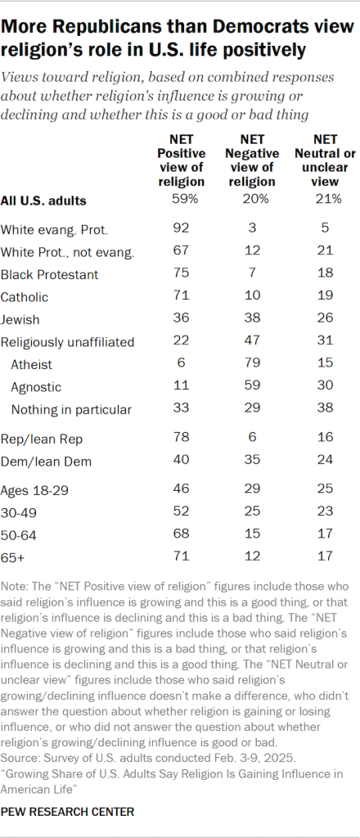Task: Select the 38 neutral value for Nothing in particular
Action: (322, 409)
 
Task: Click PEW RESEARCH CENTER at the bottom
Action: (69, 812)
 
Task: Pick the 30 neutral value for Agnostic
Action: (322, 386)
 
